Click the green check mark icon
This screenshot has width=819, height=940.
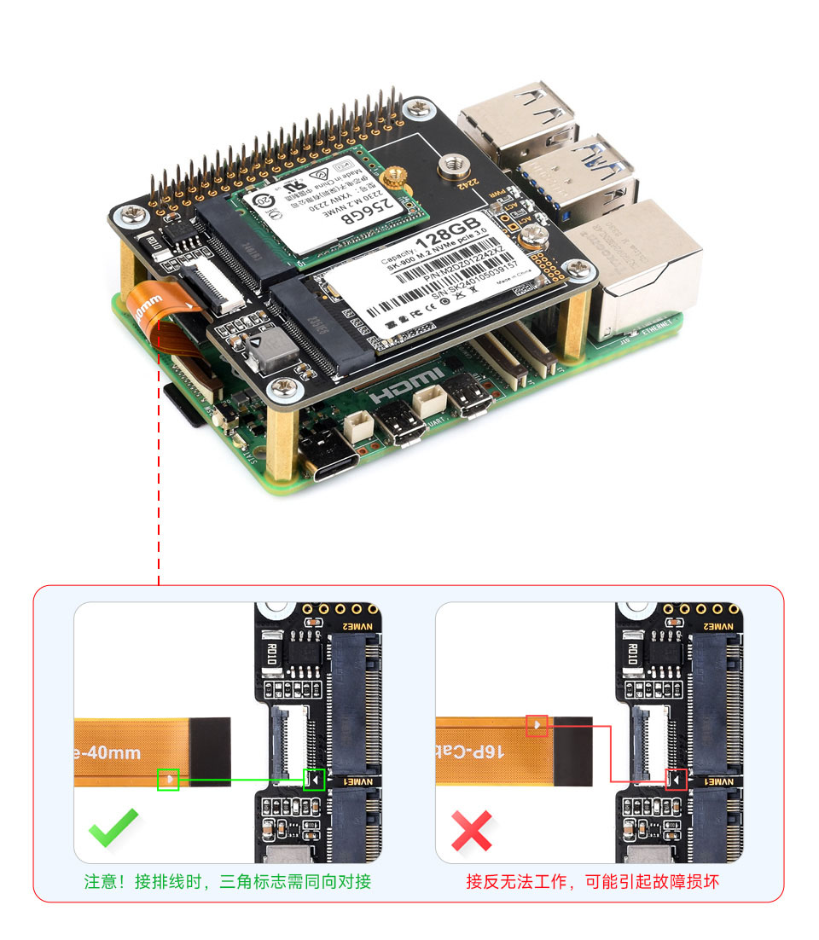[113, 827]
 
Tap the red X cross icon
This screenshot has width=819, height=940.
[472, 829]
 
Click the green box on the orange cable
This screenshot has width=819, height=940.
[168, 779]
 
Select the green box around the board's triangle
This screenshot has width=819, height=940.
[314, 779]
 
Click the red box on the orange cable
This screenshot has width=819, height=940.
[537, 726]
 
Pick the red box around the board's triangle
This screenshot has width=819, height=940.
[676, 779]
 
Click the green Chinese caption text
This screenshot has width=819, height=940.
[227, 881]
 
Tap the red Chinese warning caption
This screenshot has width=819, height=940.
[592, 881]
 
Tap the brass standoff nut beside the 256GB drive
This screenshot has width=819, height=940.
[392, 178]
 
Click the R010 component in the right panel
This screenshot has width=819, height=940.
[632, 655]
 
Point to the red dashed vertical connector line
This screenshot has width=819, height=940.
[160, 478]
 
